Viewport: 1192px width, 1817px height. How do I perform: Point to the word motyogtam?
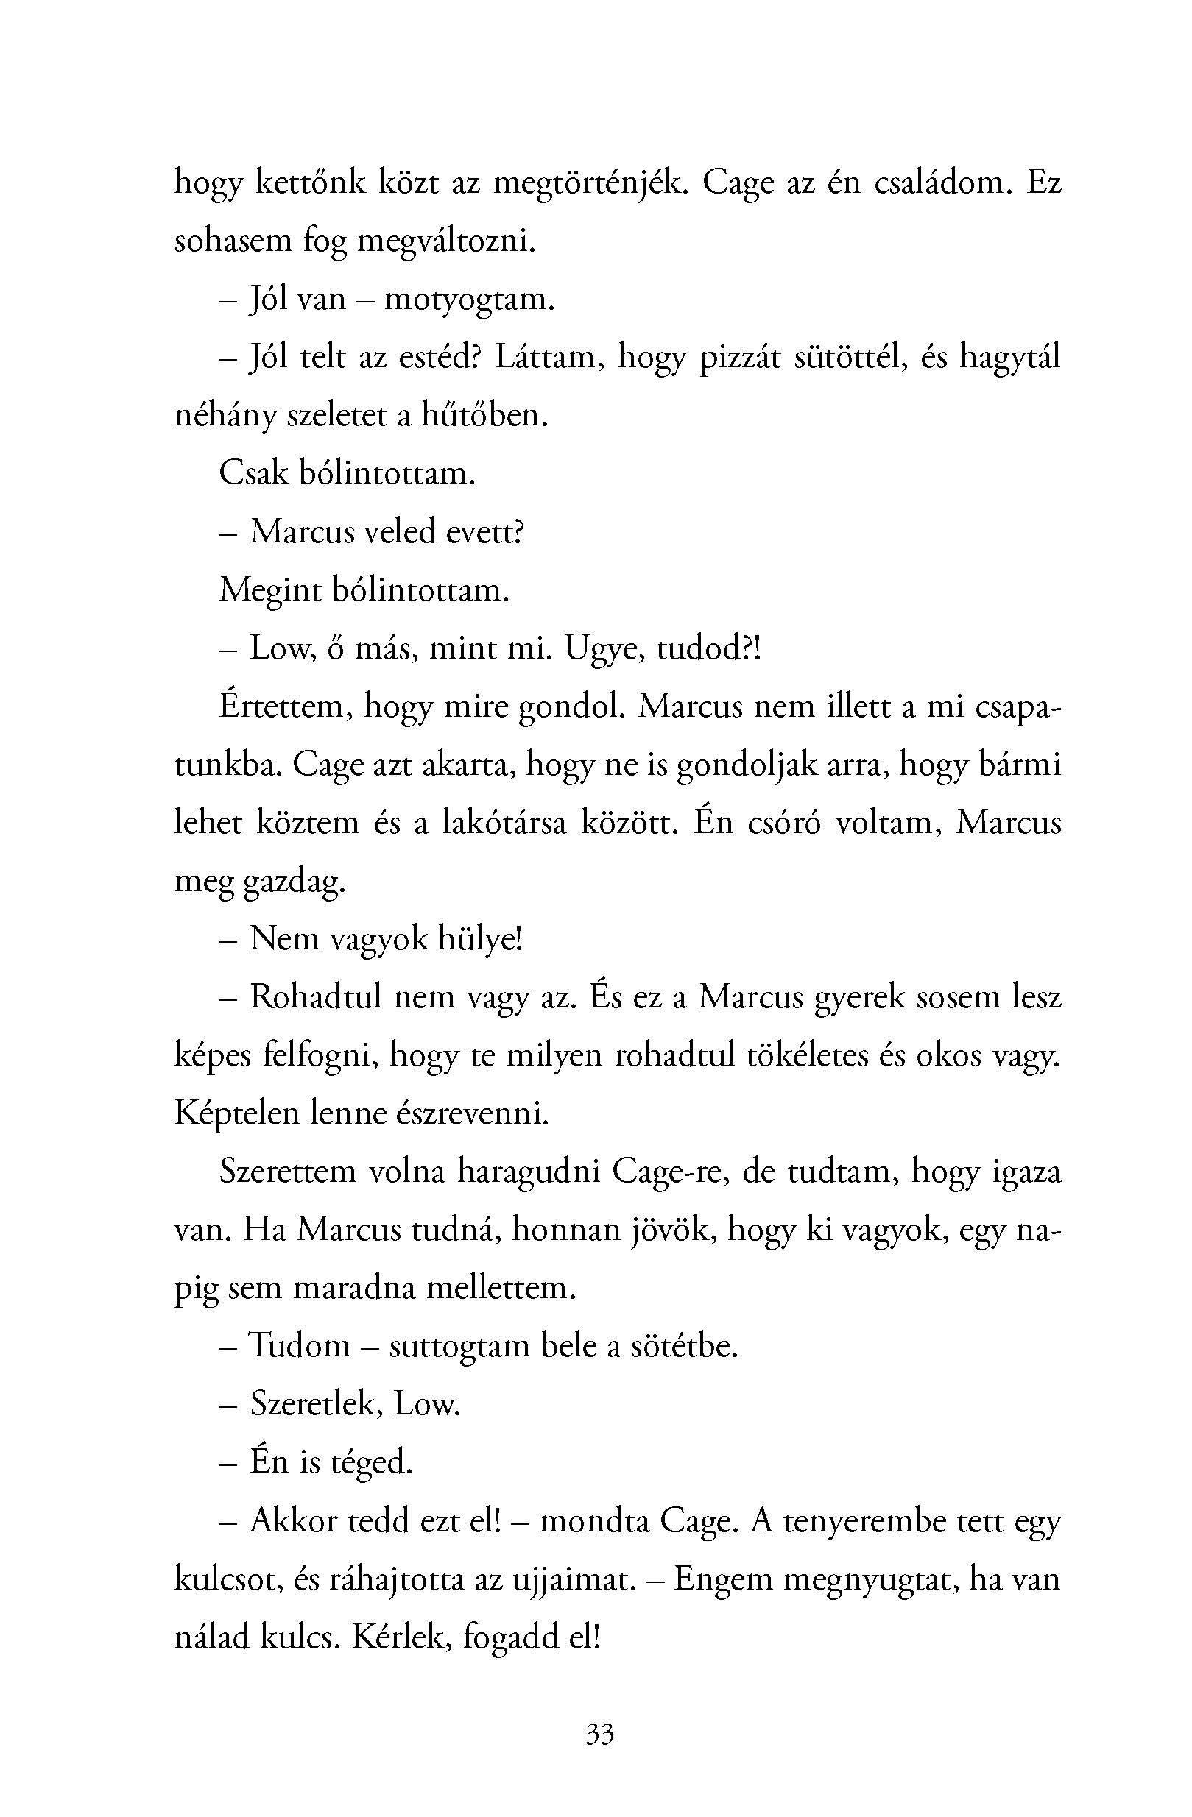(x=469, y=300)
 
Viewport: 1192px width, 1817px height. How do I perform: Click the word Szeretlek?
(x=315, y=1404)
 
